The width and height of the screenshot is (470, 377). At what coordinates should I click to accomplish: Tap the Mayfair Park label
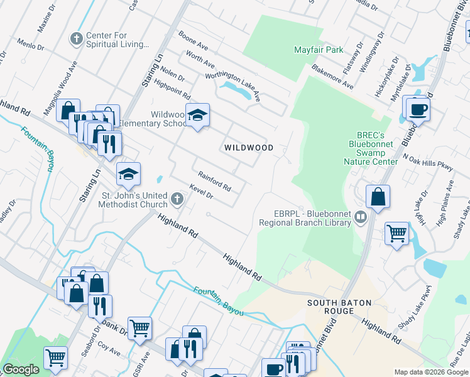(x=318, y=49)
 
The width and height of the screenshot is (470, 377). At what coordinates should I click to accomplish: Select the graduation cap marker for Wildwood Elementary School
(x=197, y=115)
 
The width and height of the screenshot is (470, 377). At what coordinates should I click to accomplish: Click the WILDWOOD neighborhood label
(x=249, y=148)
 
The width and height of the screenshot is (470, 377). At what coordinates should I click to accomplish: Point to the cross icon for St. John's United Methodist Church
(x=177, y=200)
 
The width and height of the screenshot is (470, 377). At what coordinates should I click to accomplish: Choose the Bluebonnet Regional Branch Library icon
(x=361, y=217)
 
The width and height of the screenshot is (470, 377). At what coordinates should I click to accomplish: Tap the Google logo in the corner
(x=21, y=369)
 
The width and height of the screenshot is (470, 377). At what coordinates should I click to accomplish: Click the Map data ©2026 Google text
(x=430, y=372)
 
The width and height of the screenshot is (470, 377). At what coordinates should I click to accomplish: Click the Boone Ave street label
(x=193, y=41)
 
